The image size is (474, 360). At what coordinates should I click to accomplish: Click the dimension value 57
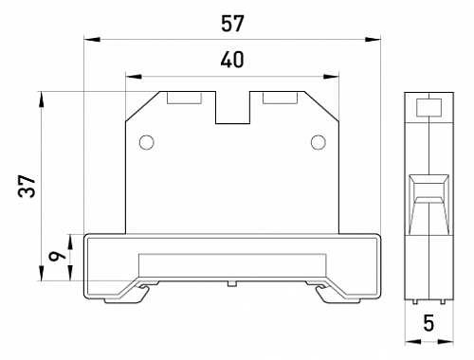pos(232,24)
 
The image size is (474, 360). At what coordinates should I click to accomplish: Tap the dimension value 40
pos(232,60)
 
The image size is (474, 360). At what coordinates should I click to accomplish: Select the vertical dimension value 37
pos(27,187)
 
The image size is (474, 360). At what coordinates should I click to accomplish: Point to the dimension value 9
pos(57,256)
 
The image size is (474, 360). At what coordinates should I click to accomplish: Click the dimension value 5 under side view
pos(428,323)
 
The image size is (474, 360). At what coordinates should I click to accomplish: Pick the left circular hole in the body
pos(147,142)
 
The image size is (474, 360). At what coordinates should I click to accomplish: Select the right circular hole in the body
pos(319,142)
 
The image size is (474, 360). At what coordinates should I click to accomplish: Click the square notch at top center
pos(233,107)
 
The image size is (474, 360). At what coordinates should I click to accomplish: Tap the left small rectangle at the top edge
pos(184,98)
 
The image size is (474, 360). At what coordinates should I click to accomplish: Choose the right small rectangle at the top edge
pos(280,98)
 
